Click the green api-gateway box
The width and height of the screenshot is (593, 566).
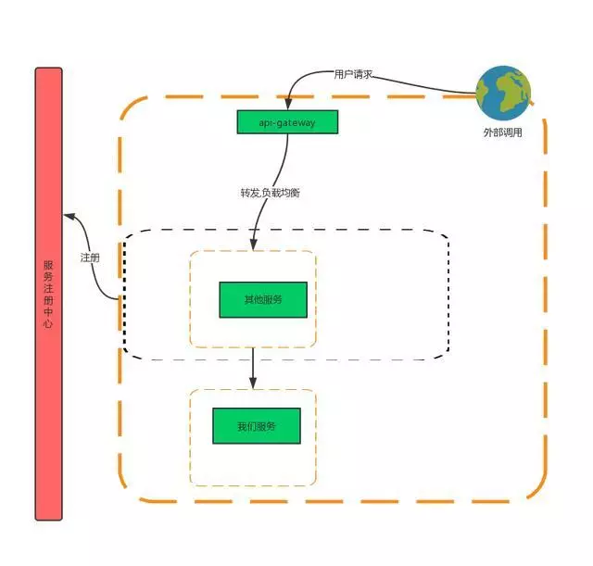pos(287,122)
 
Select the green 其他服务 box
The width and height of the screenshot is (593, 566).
pos(262,299)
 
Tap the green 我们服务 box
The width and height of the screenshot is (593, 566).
pos(256,426)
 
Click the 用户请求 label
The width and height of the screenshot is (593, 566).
pos(353,75)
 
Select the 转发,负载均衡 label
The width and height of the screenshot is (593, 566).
pos(270,194)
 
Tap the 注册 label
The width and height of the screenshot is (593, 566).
pos(89,258)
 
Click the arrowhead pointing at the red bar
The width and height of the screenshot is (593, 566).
pos(68,217)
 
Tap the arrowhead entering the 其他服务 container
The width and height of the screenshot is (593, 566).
pos(253,245)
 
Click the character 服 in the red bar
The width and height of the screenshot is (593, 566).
pos(48,265)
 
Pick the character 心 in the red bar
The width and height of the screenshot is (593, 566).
pos(48,324)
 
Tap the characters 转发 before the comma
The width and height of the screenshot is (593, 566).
pos(248,194)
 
